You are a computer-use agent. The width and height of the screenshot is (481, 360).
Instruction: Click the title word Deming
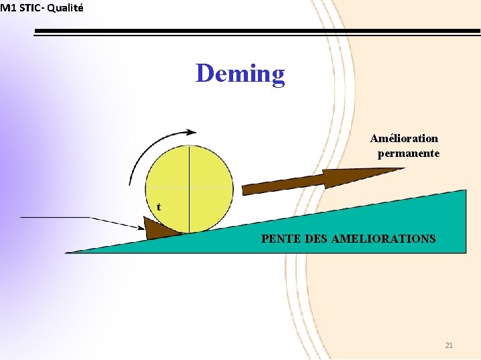tap(240, 73)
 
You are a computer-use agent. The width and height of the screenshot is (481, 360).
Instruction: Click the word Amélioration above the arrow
tap(404, 139)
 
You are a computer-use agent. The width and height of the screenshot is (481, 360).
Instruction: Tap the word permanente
tap(409, 154)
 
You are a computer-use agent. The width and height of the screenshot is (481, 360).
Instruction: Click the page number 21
tap(449, 345)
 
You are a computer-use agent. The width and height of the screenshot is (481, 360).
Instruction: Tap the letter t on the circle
tap(158, 206)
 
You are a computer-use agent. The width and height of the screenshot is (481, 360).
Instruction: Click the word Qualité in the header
tap(66, 7)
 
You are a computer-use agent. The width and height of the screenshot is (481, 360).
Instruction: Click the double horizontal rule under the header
tap(255, 32)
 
